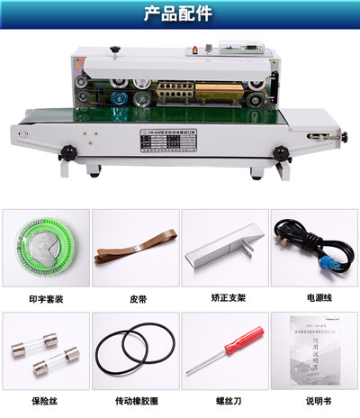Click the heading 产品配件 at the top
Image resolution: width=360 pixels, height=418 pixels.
pos(179,15)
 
